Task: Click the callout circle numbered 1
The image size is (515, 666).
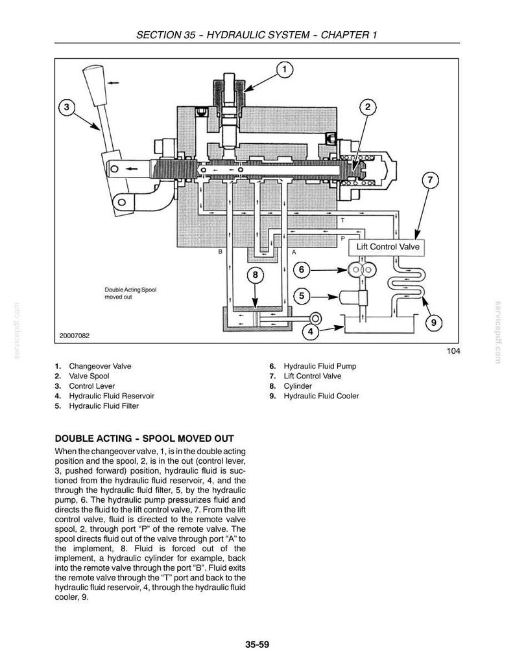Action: [x=285, y=69]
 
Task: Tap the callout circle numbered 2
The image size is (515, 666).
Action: [x=368, y=107]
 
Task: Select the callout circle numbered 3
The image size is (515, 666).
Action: [x=66, y=108]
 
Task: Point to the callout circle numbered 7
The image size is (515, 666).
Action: [x=430, y=180]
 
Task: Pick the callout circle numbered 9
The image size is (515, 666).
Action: [x=433, y=323]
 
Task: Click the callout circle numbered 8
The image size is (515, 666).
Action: [x=255, y=275]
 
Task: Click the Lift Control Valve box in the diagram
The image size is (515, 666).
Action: [x=387, y=247]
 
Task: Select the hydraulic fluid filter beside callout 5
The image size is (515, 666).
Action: [x=353, y=297]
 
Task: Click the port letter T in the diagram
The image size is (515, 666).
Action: [x=342, y=220]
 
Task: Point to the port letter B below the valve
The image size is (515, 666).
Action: [x=221, y=252]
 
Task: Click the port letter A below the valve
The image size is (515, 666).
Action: [x=294, y=252]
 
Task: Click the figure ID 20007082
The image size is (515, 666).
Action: [x=75, y=336]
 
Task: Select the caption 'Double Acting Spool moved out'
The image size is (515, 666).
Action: [x=130, y=293]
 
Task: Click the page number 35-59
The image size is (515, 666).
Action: [x=257, y=645]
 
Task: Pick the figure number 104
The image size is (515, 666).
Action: [x=453, y=351]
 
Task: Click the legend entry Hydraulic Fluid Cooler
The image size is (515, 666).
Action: [x=321, y=396]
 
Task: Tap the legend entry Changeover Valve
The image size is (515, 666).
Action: [x=100, y=366]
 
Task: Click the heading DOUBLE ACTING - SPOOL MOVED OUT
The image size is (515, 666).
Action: [x=145, y=439]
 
